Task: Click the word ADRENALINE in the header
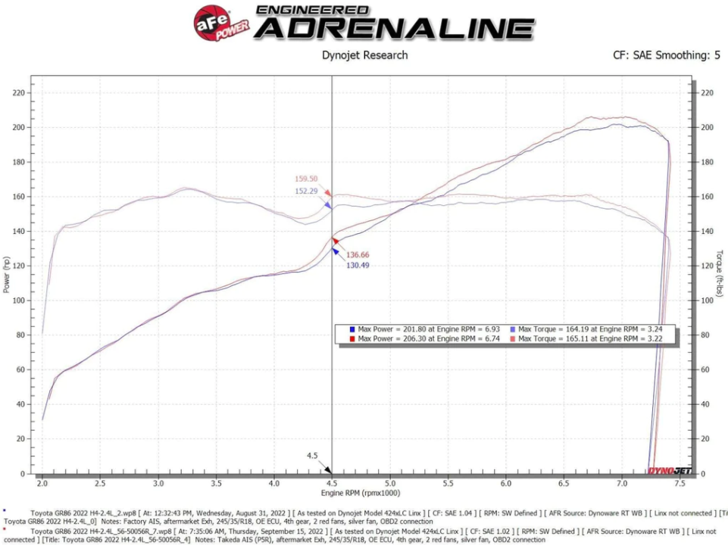pyautogui.click(x=394, y=29)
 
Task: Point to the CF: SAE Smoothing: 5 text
pyautogui.click(x=667, y=55)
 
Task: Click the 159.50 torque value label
pyautogui.click(x=306, y=179)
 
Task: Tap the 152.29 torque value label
pyautogui.click(x=306, y=191)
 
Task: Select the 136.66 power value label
pyautogui.click(x=358, y=255)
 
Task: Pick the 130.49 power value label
pyautogui.click(x=358, y=266)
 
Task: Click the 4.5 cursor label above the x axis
pyautogui.click(x=312, y=456)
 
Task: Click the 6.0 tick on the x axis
pyautogui.click(x=505, y=482)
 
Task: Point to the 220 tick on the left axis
pyautogui.click(x=19, y=93)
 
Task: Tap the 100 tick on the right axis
pyautogui.click(x=708, y=301)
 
